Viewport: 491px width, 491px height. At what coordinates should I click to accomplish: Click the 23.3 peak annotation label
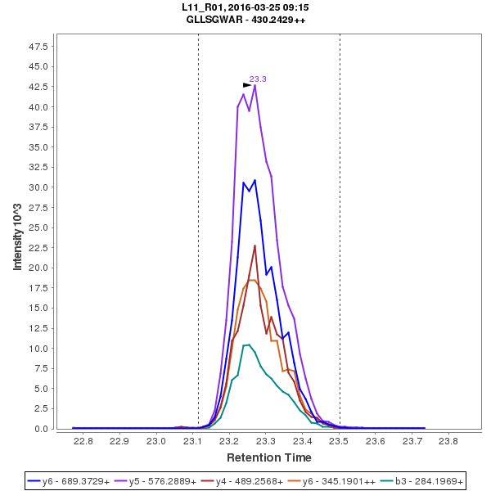258,79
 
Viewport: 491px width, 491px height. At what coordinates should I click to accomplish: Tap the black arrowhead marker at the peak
247,85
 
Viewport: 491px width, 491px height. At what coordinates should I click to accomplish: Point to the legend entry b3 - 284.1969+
425,481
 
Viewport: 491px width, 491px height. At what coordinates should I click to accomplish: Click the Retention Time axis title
268,457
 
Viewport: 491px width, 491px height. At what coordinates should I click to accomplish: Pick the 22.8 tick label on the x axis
83,441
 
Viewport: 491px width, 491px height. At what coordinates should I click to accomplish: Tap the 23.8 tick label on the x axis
448,441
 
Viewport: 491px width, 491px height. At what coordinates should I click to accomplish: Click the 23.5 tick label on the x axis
339,441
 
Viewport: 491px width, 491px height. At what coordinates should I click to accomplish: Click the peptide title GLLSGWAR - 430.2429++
245,20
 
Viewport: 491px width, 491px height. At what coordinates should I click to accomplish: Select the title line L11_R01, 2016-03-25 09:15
245,7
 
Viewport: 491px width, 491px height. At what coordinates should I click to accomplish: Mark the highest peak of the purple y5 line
255,85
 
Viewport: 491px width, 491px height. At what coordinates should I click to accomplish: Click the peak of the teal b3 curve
248,345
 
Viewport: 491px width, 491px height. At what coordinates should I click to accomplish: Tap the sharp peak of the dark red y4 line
255,245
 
